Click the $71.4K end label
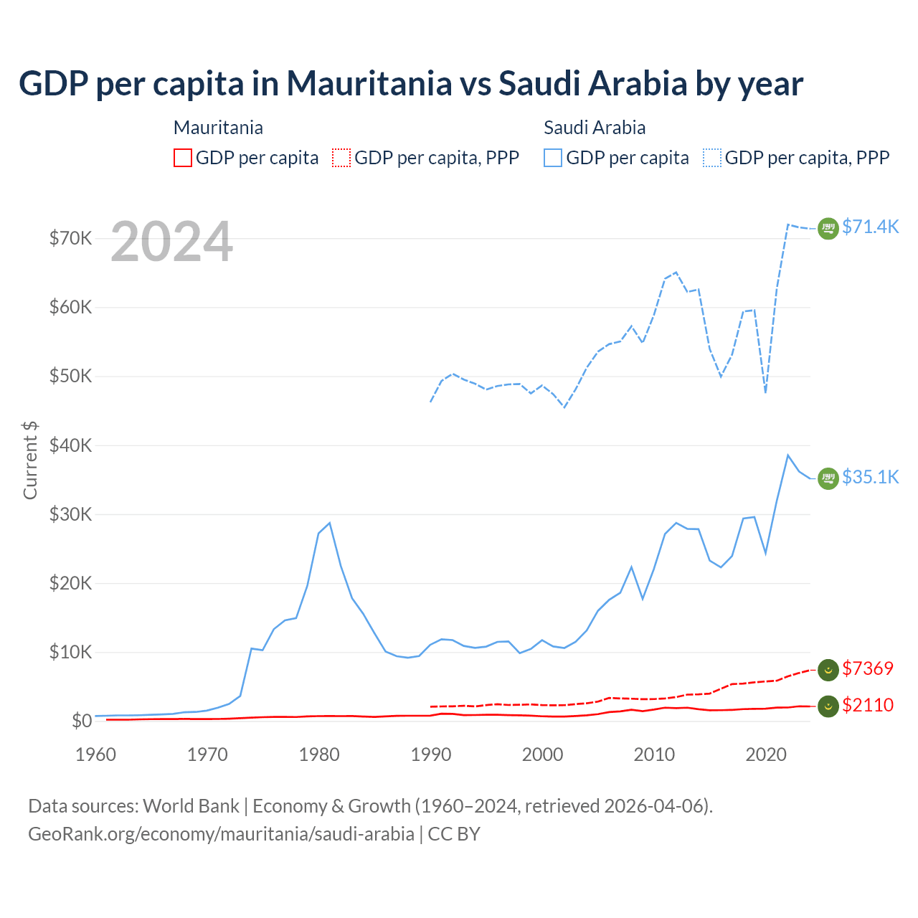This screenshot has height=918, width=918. tap(870, 227)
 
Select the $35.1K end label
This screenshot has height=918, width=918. tap(870, 477)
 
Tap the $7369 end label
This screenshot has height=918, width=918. tap(867, 668)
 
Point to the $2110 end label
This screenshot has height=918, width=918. tap(867, 705)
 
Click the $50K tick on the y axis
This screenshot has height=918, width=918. tap(70, 376)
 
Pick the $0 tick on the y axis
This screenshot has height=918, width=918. tap(82, 721)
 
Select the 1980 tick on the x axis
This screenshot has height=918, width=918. tap(319, 754)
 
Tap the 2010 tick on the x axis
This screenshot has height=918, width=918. tap(654, 754)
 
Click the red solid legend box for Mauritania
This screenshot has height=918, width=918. tap(183, 158)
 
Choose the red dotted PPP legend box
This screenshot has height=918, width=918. tap(341, 158)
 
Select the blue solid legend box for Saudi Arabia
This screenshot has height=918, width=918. tap(553, 158)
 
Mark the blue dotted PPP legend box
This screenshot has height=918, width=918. tap(712, 158)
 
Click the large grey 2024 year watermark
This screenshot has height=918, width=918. tap(172, 242)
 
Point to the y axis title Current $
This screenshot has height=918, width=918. tap(30, 460)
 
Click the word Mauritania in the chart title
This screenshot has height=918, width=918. tap(369, 83)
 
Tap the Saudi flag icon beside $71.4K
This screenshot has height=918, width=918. tap(828, 228)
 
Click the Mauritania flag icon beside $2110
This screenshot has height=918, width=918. tap(828, 706)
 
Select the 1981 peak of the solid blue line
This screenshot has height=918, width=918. tap(329, 523)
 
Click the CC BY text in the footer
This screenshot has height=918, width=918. tap(454, 834)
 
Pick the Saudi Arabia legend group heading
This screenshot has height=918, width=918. tap(595, 128)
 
